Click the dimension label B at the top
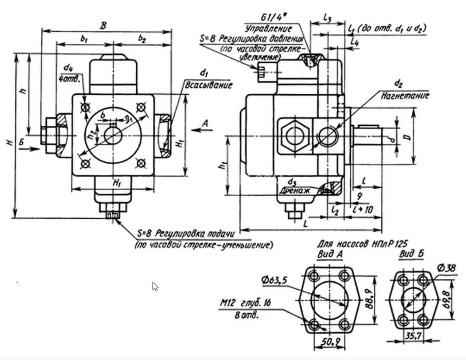(x=104, y=26)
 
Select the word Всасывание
(x=209, y=86)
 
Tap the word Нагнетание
(x=405, y=95)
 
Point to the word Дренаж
(x=295, y=190)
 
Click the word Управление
(x=269, y=29)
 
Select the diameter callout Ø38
(x=446, y=268)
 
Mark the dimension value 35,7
(x=412, y=336)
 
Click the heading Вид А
(x=330, y=255)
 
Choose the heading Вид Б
(x=411, y=254)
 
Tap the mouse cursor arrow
(x=155, y=287)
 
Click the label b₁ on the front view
(x=84, y=38)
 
